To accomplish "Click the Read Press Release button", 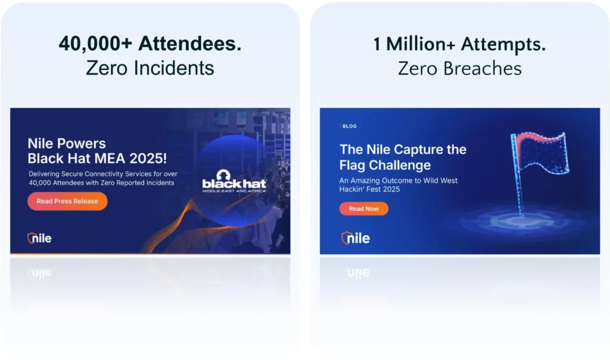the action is (x=67, y=201).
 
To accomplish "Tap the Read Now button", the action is (x=364, y=209).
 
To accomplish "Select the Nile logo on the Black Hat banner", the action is (x=39, y=238).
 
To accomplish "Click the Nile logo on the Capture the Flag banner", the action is (x=356, y=238).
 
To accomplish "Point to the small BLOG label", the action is (x=349, y=126).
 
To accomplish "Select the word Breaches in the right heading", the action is (x=483, y=69).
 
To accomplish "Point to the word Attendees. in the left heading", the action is (x=190, y=43).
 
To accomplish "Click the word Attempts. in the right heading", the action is (x=503, y=44).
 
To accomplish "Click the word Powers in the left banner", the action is (x=81, y=144).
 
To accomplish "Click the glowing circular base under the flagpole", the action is (x=521, y=222).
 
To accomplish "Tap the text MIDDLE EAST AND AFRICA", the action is (x=234, y=191).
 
